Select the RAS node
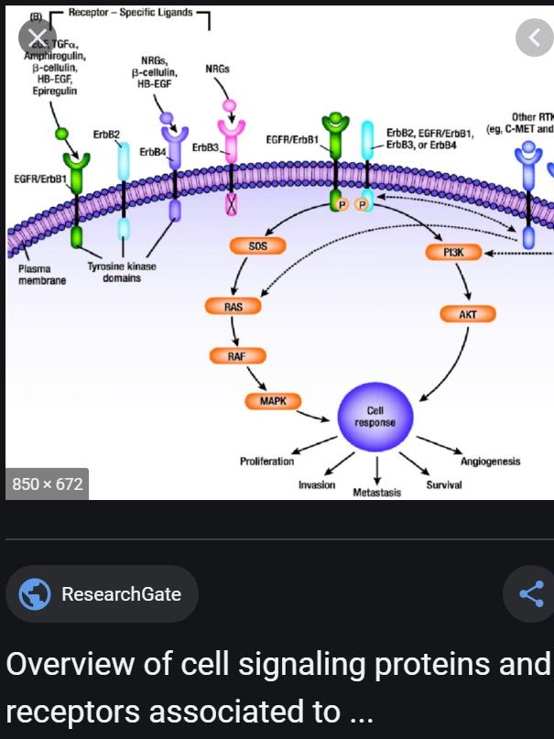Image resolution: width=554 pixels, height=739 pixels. (234, 307)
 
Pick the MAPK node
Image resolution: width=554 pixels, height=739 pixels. (273, 400)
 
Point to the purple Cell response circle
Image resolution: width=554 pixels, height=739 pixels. (375, 416)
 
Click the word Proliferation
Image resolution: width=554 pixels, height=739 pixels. (266, 461)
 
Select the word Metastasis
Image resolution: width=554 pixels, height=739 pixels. (377, 493)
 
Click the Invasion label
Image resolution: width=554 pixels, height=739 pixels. (317, 484)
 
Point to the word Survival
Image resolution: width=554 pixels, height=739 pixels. (444, 484)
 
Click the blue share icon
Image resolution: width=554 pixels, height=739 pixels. (531, 593)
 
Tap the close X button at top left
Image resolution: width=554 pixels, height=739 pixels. (37, 38)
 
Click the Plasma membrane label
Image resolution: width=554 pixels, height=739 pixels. (42, 275)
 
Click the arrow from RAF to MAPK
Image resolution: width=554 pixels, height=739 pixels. (255, 378)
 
